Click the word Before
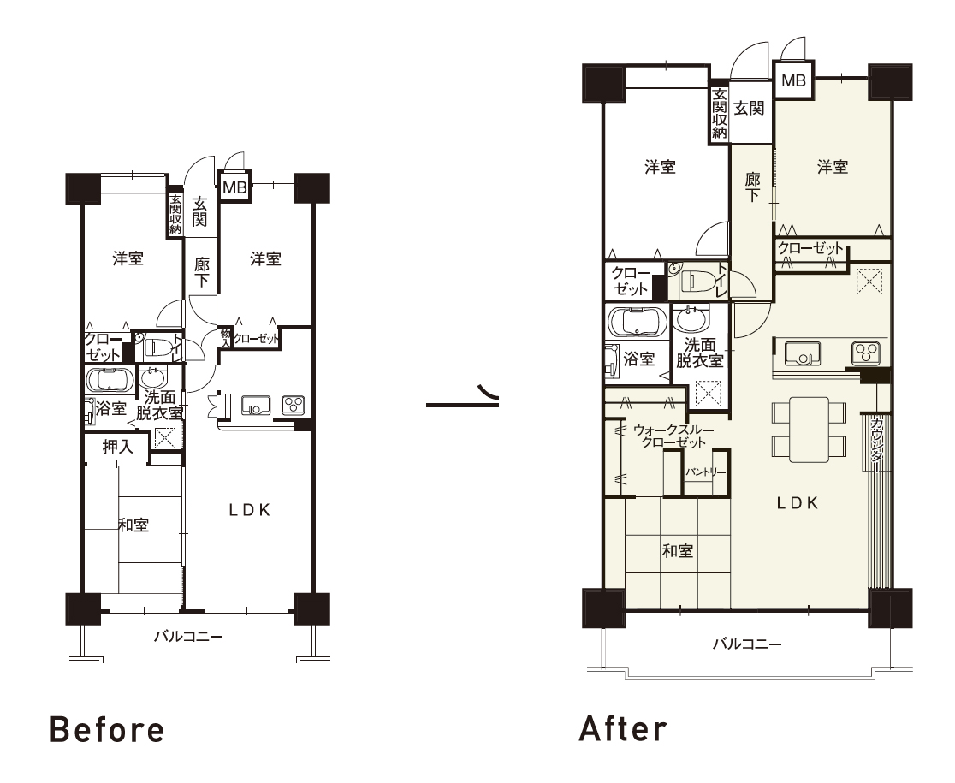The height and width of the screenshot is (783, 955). [107, 730]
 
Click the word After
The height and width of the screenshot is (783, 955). [623, 729]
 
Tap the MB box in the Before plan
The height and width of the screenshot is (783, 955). [234, 187]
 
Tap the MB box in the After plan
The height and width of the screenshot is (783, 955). [793, 80]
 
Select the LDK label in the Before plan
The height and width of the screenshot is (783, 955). [250, 510]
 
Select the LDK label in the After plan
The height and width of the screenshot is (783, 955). [798, 503]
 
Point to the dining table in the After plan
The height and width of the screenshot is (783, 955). [810, 430]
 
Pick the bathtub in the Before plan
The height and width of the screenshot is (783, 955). [110, 380]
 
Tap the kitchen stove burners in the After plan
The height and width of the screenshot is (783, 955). [864, 352]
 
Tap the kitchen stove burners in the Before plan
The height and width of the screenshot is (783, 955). [293, 404]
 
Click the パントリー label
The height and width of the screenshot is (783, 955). [705, 472]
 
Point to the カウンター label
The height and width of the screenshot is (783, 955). [878, 442]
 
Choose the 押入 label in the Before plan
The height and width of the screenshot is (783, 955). [117, 447]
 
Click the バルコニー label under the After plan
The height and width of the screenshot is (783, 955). [747, 644]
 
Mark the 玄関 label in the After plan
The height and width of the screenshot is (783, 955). [749, 109]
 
